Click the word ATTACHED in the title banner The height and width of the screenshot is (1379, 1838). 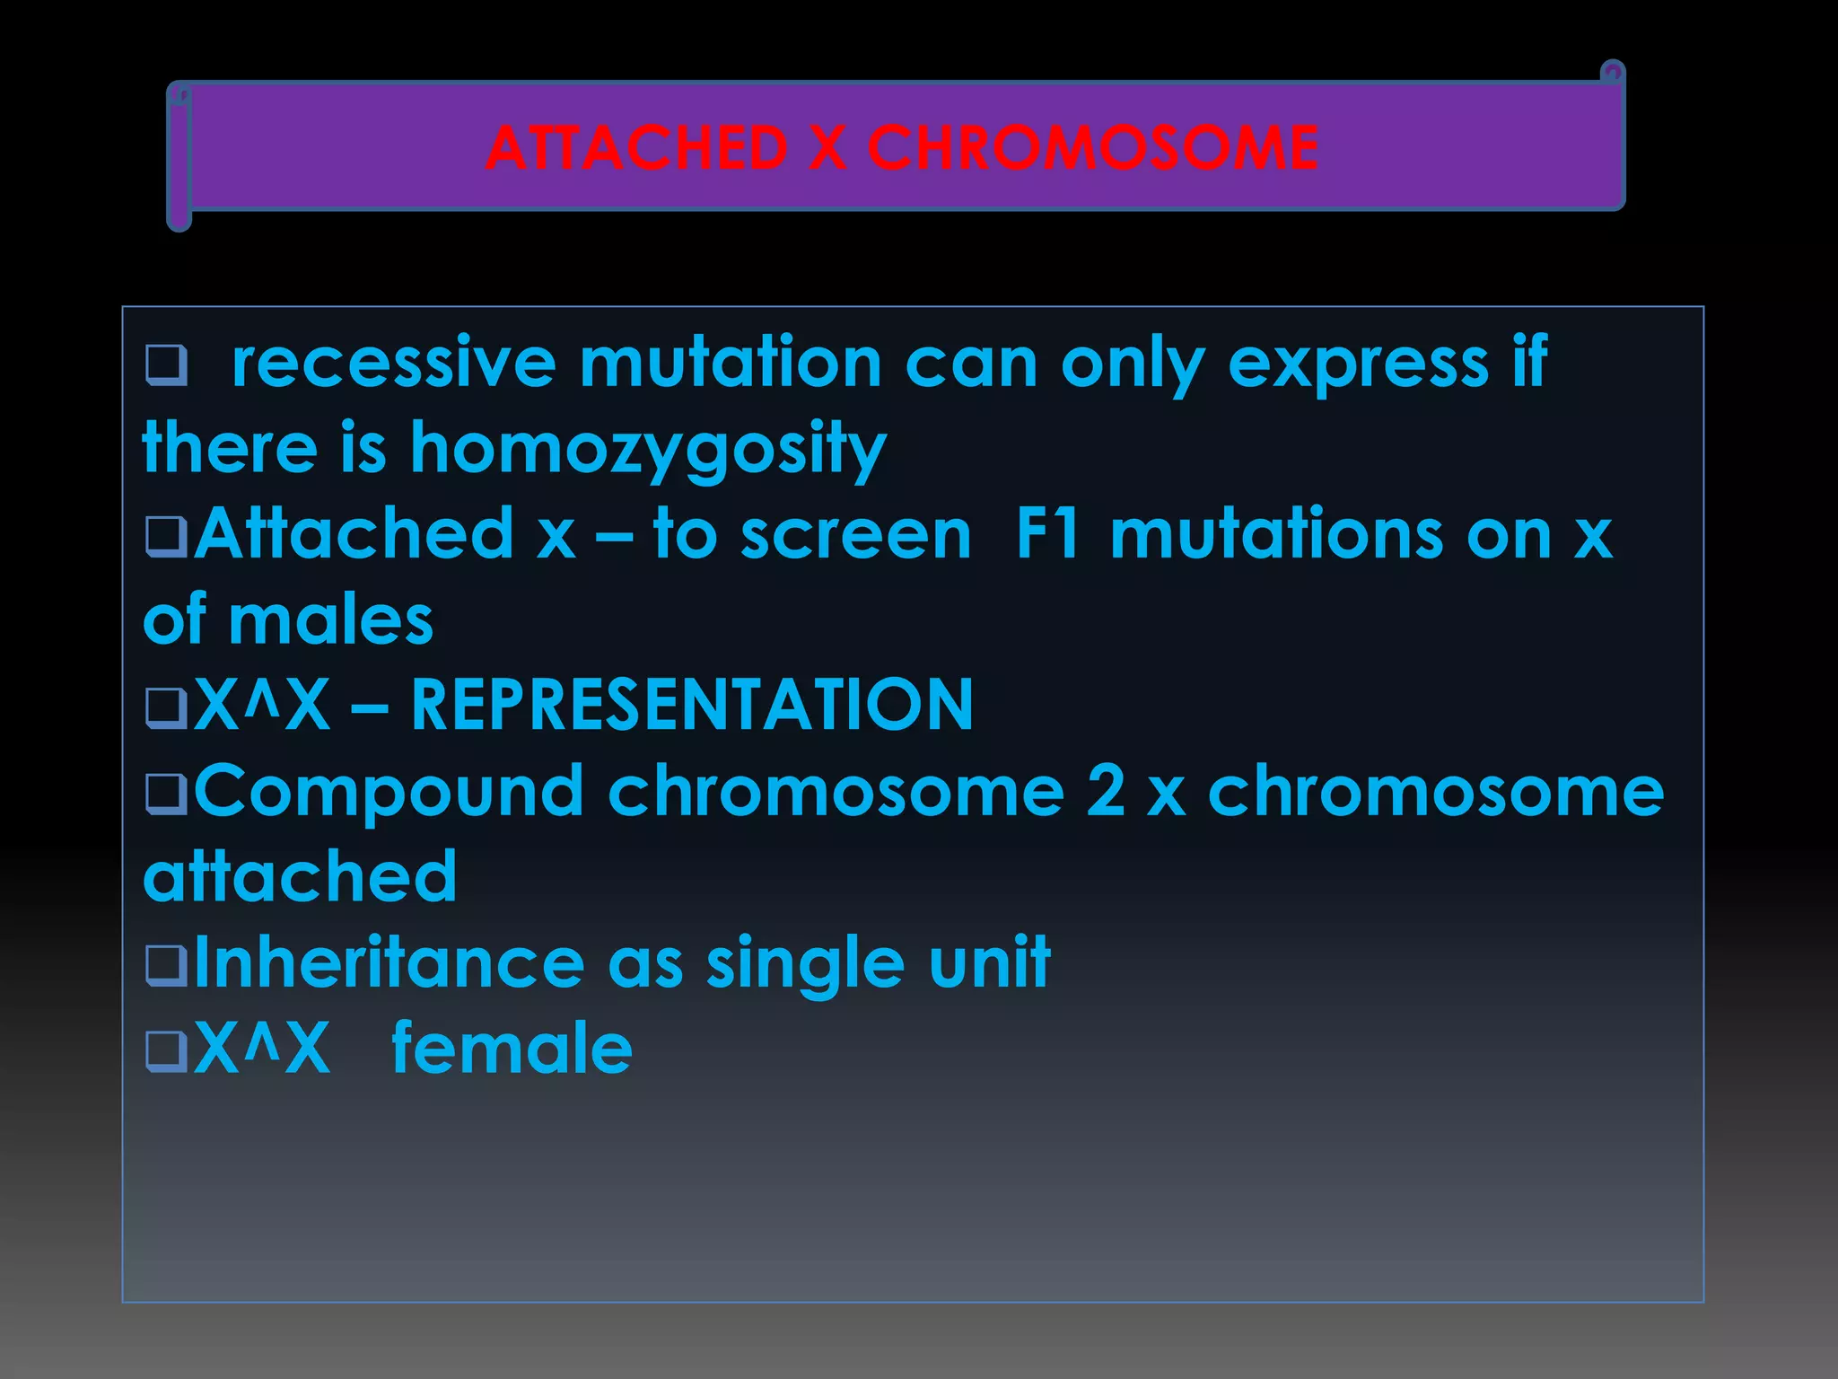point(636,148)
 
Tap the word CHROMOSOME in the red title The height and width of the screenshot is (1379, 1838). point(1092,148)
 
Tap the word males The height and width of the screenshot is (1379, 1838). point(331,620)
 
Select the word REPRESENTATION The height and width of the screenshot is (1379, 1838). point(692,705)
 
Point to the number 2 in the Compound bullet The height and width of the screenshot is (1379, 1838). point(1106,790)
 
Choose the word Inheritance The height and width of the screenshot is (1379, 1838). point(389,962)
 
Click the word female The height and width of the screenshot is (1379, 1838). point(512,1048)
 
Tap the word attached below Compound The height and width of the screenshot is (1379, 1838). point(301,876)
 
